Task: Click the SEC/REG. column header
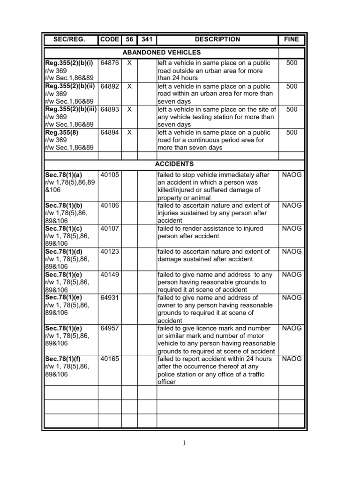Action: pyautogui.click(x=70, y=40)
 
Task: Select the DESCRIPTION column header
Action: pyautogui.click(x=217, y=40)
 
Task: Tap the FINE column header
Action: pyautogui.click(x=291, y=40)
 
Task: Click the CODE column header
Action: pyautogui.click(x=110, y=40)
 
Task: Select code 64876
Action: pyautogui.click(x=110, y=63)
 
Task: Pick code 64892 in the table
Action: pyautogui.click(x=110, y=86)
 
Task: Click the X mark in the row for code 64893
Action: pyautogui.click(x=130, y=109)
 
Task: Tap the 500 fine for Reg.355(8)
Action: pyautogui.click(x=291, y=133)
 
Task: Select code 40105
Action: pyautogui.click(x=110, y=175)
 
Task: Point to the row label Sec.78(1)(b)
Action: pyautogui.click(x=64, y=205)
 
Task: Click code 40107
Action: pyautogui.click(x=110, y=229)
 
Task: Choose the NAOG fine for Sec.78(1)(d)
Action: pyautogui.click(x=291, y=252)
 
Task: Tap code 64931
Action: pyautogui.click(x=110, y=298)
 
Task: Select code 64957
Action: pyautogui.click(x=110, y=329)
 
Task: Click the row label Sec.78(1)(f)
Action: pyautogui.click(x=63, y=359)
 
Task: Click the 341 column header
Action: pyautogui.click(x=147, y=40)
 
